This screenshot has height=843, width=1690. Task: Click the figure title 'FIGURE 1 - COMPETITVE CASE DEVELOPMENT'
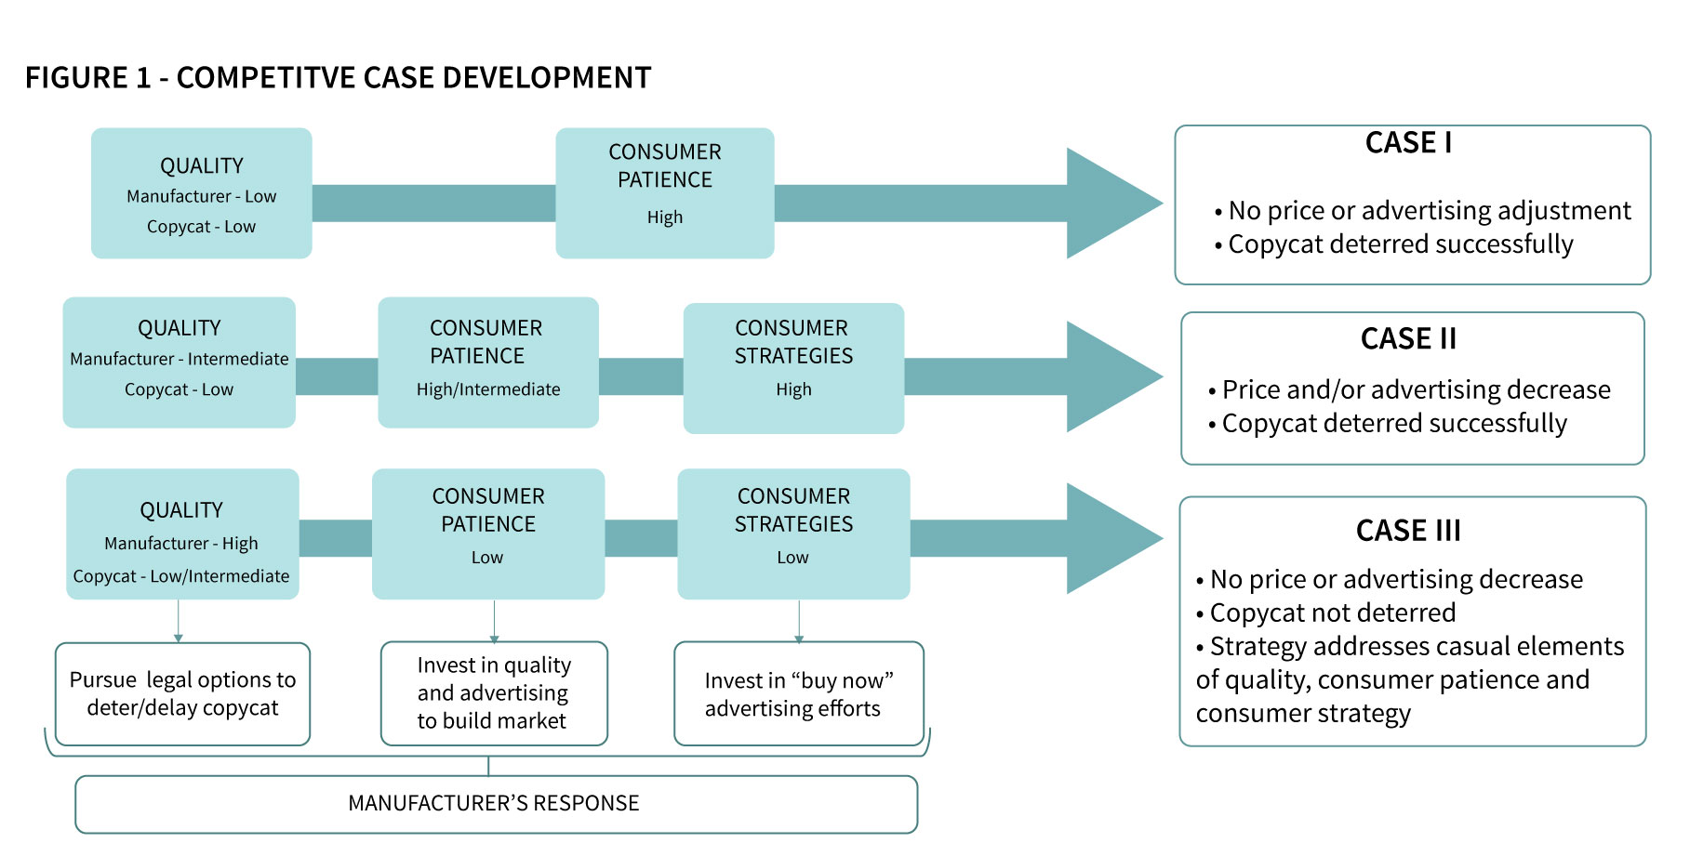coord(338,77)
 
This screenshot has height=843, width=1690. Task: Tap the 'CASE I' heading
coord(1408,143)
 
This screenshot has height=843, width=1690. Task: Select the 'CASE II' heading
coord(1408,338)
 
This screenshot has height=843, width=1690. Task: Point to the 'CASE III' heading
coord(1408,531)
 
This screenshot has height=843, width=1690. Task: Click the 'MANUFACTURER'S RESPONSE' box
coord(496,804)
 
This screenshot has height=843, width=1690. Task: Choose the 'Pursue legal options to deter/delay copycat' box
coord(182,694)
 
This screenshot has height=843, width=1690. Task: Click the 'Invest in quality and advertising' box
coord(494,693)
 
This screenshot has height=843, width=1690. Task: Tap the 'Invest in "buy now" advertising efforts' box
coord(798,694)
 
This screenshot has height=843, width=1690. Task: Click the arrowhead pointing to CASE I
coord(1111,203)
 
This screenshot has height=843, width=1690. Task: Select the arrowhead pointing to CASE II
coord(1111,376)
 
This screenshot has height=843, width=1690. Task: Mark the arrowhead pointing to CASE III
coord(1111,538)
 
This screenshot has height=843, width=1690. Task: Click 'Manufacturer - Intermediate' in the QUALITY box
coord(180,360)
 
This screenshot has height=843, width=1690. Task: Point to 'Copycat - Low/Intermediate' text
coord(181,576)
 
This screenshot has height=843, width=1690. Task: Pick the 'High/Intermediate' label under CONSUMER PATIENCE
coord(488,389)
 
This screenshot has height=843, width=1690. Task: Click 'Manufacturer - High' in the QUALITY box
coord(181,544)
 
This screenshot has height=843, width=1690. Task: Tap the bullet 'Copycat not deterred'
coord(1332,613)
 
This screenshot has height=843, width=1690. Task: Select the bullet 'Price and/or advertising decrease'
coord(1416,389)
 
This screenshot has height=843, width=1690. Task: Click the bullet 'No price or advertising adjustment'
coord(1429,211)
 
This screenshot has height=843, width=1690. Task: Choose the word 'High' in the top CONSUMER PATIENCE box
coord(665,217)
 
